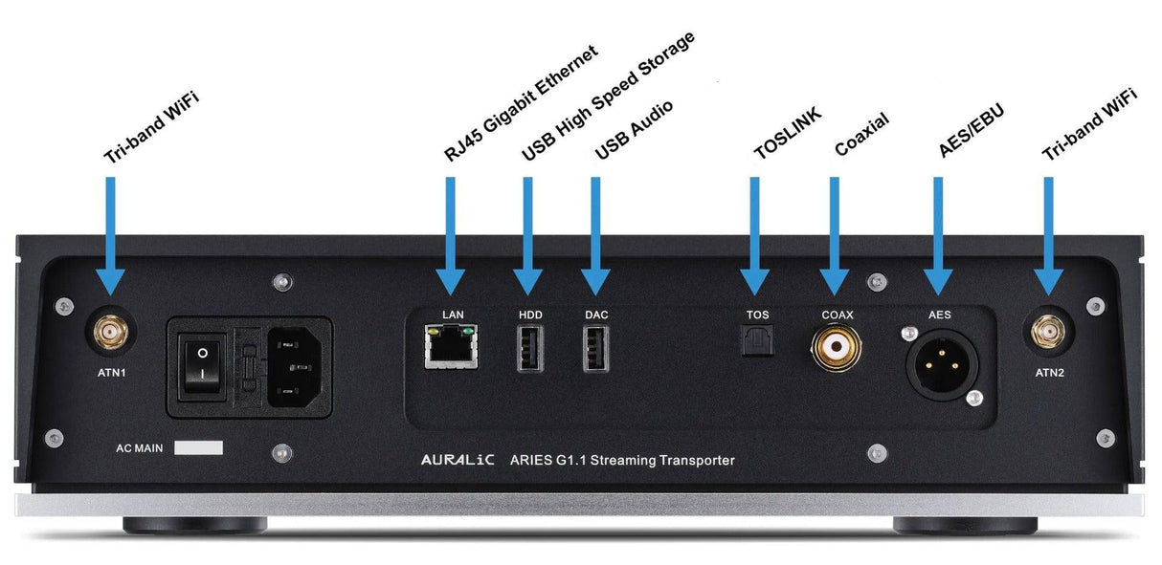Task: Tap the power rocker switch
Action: pos(202,367)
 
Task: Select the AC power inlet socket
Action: pos(294,367)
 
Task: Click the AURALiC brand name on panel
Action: pos(458,461)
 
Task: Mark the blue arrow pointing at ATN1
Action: pos(111,234)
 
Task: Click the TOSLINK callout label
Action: pos(787,136)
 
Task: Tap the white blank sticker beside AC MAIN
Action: pos(199,447)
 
